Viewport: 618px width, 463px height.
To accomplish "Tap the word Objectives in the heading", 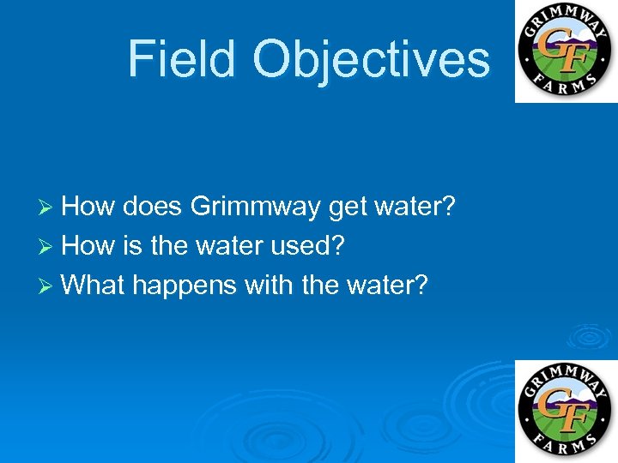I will [371, 59].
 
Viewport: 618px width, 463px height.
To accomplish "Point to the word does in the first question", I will [154, 207].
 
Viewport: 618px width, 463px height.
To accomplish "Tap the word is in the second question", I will [133, 246].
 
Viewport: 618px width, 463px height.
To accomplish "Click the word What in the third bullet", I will [94, 285].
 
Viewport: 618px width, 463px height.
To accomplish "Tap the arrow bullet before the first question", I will [49, 207].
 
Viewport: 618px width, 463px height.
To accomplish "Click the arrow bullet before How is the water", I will [49, 247].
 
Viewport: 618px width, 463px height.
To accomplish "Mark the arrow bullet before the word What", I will [49, 286].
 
